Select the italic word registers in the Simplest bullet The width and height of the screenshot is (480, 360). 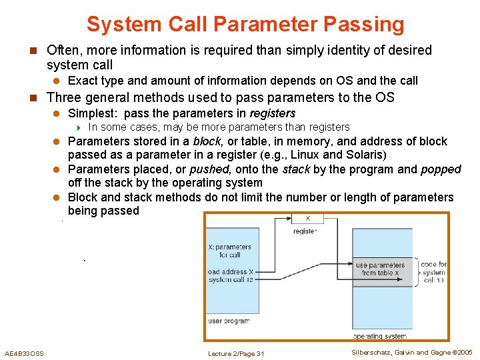click(x=272, y=113)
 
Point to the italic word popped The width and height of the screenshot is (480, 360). click(x=441, y=169)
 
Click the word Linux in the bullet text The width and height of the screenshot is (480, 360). click(x=305, y=155)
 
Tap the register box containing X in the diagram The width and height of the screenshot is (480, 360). click(x=307, y=219)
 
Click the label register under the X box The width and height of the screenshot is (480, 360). click(x=305, y=231)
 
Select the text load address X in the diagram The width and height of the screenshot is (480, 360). click(x=231, y=272)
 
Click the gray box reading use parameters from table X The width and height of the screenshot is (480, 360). click(x=380, y=269)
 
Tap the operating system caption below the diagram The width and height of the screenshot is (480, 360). click(x=379, y=337)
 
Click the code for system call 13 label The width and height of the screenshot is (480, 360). click(x=434, y=272)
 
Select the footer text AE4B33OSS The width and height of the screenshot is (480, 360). click(x=25, y=353)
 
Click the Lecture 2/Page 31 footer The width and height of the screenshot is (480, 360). click(x=236, y=353)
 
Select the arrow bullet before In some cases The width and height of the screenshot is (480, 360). click(x=79, y=127)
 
